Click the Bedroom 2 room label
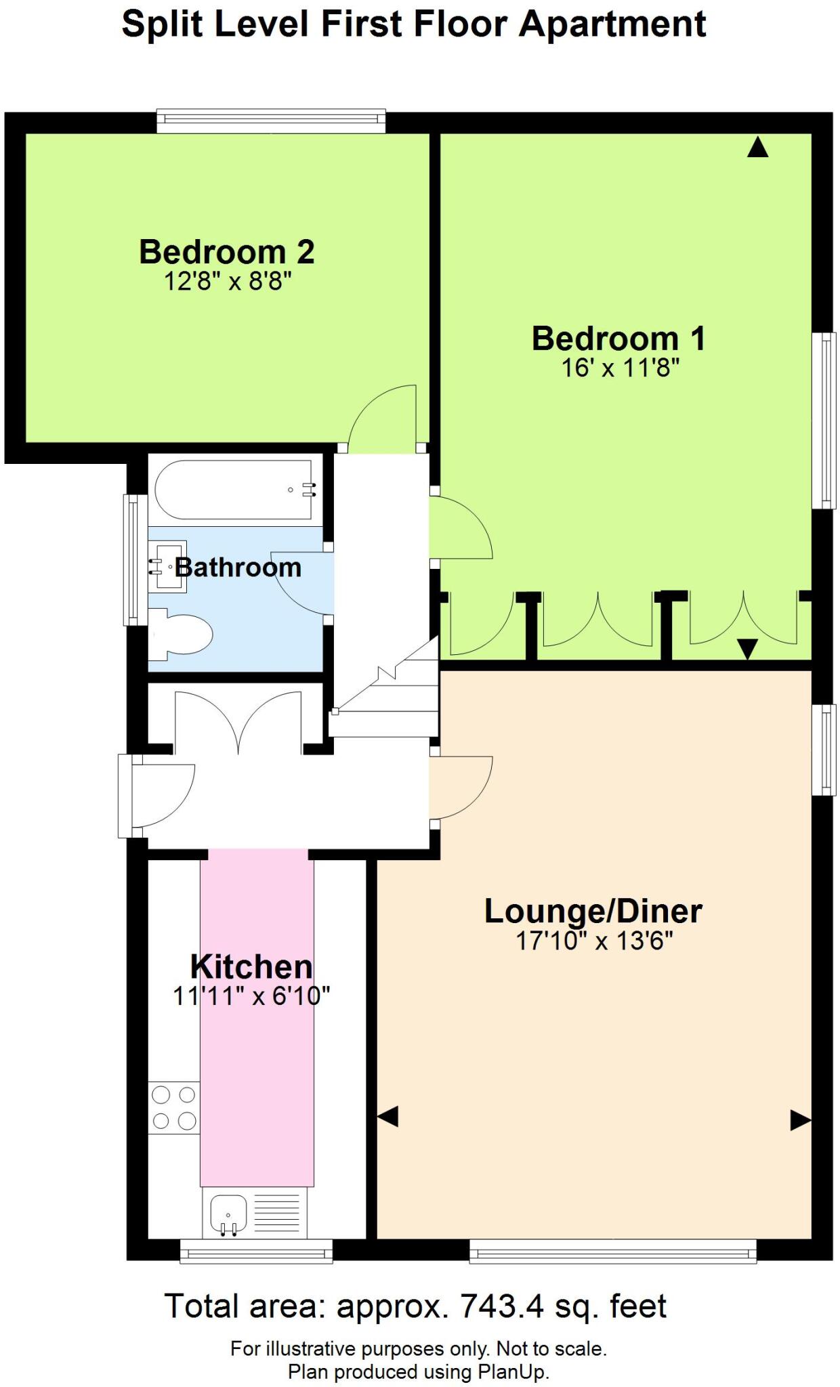pos(226,252)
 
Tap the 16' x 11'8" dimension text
pos(620,368)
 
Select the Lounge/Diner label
pos(593,911)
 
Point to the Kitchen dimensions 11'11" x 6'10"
pos(251,996)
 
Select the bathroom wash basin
pos(167,566)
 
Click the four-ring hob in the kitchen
pos(174,1107)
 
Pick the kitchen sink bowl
pos(228,1214)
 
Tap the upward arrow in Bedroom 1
pos(757,147)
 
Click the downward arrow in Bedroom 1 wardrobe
pos(747,649)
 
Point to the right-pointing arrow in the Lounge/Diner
pos(800,1120)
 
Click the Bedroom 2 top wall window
pos(271,121)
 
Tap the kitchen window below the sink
pos(256,1252)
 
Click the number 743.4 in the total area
pos(502,1306)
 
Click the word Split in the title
pos(162,24)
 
